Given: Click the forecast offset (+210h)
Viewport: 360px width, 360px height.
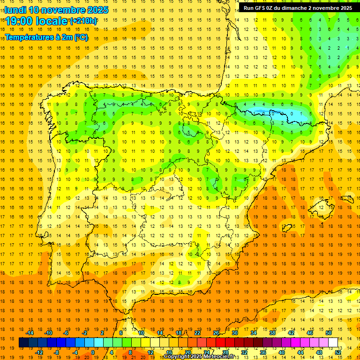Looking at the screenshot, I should point(83,21).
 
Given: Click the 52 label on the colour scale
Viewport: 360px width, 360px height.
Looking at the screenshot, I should point(338,352).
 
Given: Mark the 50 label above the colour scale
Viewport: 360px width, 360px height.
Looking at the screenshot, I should point(329,333).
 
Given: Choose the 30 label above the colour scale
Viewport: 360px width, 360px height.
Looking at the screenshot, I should point(235,333).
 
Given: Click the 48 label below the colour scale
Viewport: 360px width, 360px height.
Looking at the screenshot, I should point(319,352).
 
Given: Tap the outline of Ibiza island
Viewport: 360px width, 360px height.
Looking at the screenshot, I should point(285,228).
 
